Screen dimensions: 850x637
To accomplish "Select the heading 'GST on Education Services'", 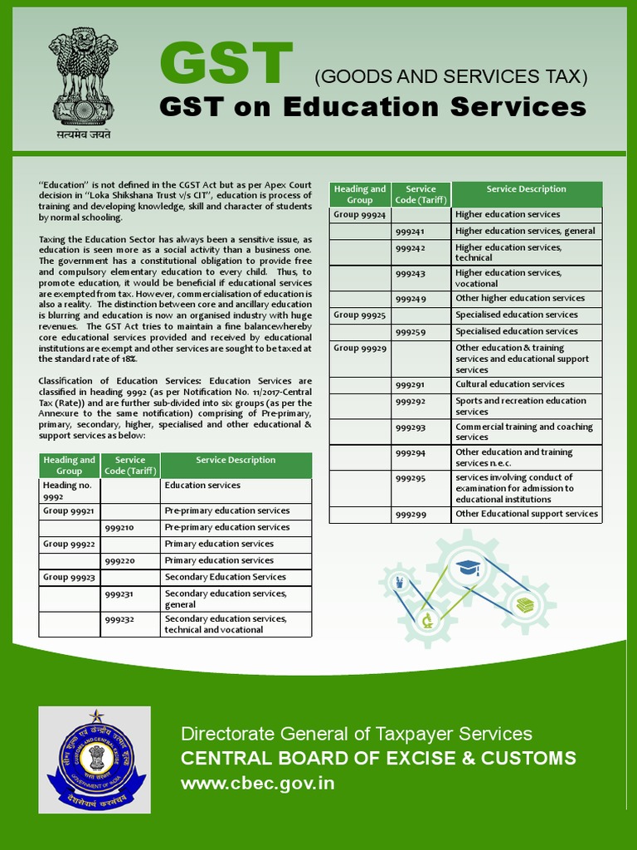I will pyautogui.click(x=372, y=107).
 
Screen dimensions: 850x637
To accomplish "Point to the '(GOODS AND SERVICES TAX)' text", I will pyautogui.click(x=450, y=77).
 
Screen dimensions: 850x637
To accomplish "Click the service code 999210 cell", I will pyautogui.click(x=130, y=528).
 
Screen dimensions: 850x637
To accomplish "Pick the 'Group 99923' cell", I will pyautogui.click(x=70, y=577).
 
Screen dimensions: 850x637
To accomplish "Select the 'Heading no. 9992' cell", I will pyautogui.click(x=70, y=491).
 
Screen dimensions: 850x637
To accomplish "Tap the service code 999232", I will pyautogui.click(x=130, y=619).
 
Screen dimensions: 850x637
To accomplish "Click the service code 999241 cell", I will pyautogui.click(x=421, y=232).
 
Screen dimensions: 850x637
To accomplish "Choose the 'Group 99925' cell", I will pyautogui.click(x=360, y=315).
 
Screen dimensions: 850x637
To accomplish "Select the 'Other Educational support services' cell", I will pyautogui.click(x=527, y=514).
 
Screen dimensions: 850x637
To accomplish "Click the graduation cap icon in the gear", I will pyautogui.click(x=467, y=568).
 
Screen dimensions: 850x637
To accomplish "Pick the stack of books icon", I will pyautogui.click(x=524, y=605).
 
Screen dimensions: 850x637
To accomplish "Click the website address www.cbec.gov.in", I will pyautogui.click(x=258, y=784).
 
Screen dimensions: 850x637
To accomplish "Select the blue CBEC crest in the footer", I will pyautogui.click(x=95, y=760).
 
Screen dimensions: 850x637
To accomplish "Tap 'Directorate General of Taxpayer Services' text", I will pyautogui.click(x=357, y=734).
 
